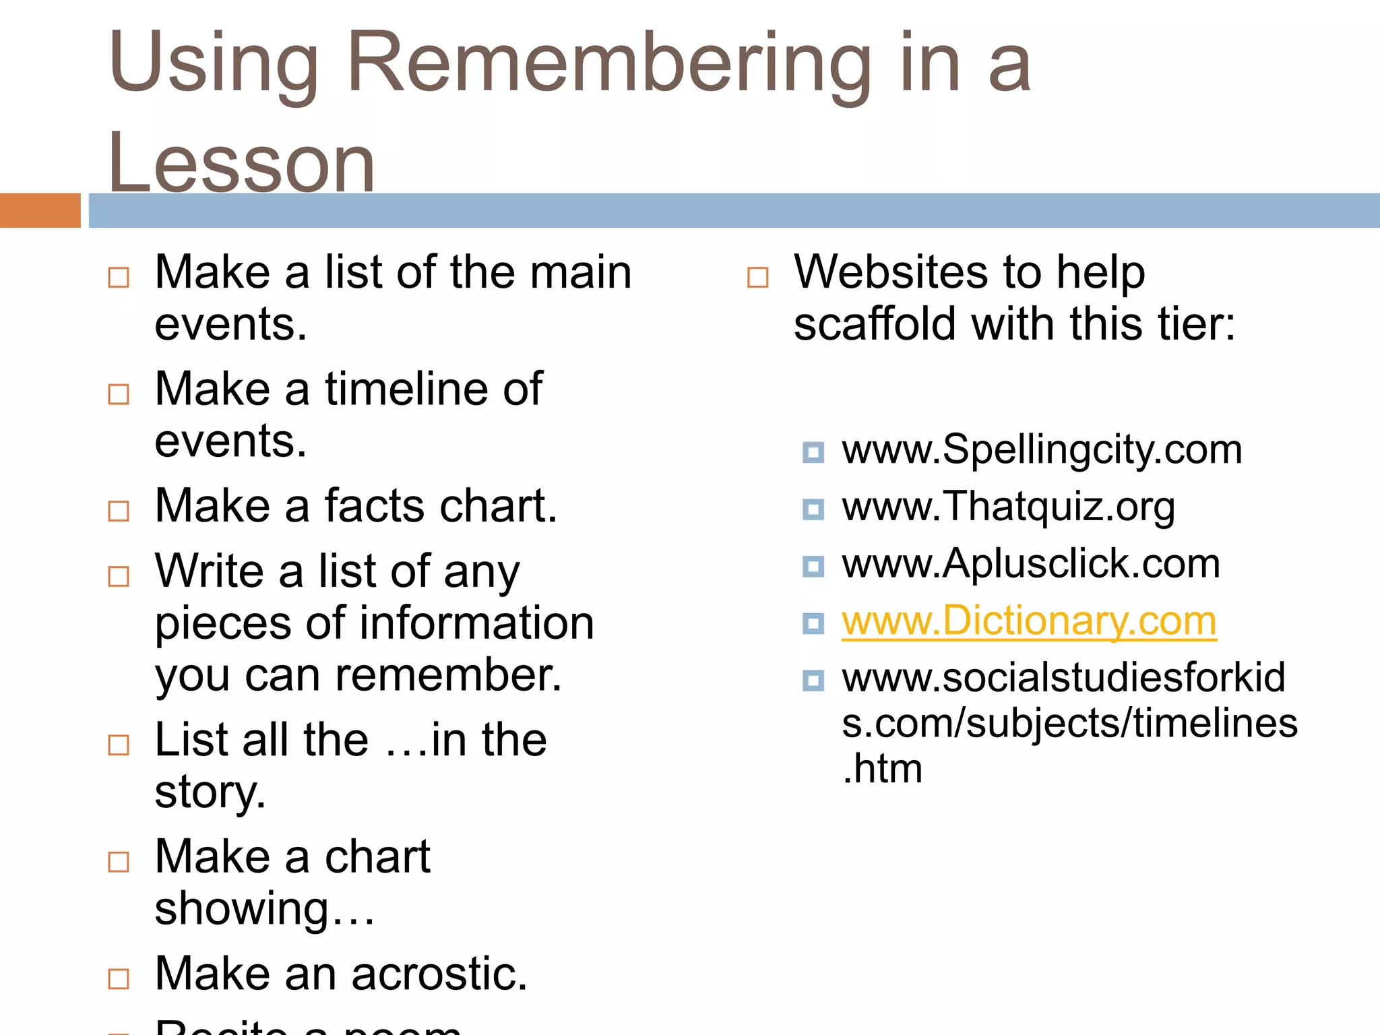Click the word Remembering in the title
(610, 64)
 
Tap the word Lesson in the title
(241, 164)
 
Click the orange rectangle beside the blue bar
(40, 210)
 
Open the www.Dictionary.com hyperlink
(1029, 621)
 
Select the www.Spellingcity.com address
(1042, 449)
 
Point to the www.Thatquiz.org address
(1008, 507)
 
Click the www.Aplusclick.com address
(1031, 563)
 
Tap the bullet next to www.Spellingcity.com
(813, 452)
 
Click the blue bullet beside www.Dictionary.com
(813, 623)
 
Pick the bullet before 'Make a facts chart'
(119, 511)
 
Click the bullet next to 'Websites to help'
(757, 277)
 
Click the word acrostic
(439, 974)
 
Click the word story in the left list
(210, 793)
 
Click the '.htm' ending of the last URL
(882, 769)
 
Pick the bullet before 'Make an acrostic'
(119, 978)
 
